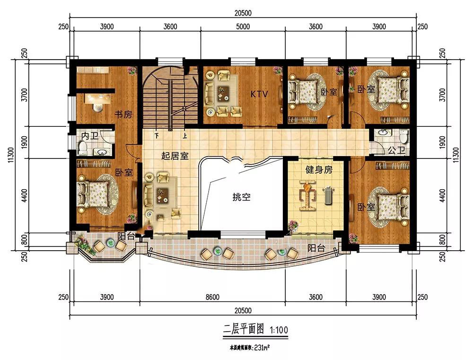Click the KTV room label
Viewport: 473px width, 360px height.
coord(259,94)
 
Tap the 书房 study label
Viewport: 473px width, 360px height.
coord(123,114)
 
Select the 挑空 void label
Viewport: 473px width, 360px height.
coord(241,197)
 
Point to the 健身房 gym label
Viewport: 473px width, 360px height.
coord(319,169)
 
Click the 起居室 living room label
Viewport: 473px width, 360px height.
coord(175,156)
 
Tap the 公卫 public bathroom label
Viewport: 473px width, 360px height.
coord(396,150)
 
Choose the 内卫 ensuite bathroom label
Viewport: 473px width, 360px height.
coord(89,136)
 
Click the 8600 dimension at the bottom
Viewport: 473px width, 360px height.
coord(213,297)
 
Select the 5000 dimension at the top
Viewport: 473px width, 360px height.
coord(243,26)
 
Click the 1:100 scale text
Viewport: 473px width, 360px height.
coord(279,330)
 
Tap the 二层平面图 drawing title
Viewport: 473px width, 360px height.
coord(244,329)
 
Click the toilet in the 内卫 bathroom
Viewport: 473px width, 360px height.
coord(82,149)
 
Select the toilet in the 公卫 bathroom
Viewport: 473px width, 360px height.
coord(403,136)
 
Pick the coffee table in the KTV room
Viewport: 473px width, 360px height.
coord(223,92)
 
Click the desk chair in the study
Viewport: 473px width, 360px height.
coord(97,107)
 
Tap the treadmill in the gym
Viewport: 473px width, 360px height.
coord(327,196)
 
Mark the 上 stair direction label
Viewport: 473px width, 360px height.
coord(184,136)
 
